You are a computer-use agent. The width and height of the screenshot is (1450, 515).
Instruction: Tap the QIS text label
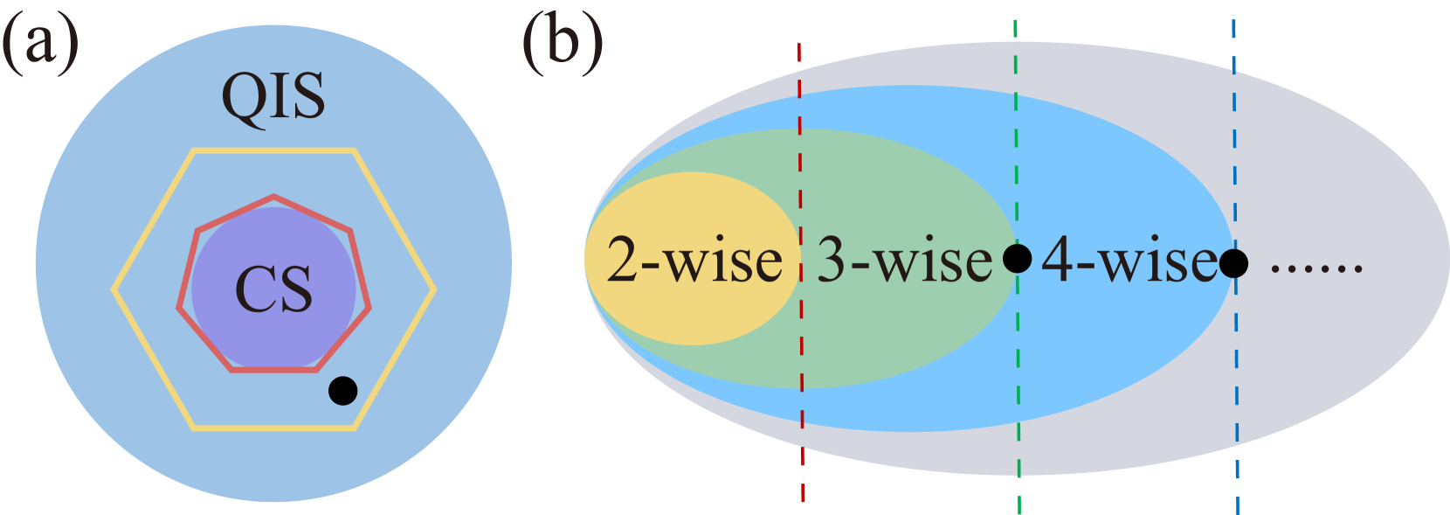click(273, 96)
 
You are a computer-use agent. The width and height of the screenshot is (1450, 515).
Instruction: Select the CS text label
click(273, 289)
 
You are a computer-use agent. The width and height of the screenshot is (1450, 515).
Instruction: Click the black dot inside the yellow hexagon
click(342, 390)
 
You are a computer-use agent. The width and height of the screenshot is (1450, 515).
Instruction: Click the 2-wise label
click(694, 261)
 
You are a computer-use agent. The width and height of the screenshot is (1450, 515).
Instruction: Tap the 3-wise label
click(905, 261)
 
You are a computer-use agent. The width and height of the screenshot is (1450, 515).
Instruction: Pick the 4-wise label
click(1129, 261)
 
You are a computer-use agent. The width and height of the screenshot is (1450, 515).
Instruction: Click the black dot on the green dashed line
click(1017, 258)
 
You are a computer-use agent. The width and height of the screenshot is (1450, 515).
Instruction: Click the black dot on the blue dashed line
click(1233, 262)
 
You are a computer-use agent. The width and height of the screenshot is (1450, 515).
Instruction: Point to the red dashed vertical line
click(801, 420)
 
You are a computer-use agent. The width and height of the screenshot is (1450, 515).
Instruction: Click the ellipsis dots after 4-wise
click(1316, 268)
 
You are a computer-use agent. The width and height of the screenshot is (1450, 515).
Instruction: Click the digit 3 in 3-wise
click(831, 261)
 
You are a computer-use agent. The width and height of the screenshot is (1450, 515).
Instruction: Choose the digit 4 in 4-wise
click(1056, 261)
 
